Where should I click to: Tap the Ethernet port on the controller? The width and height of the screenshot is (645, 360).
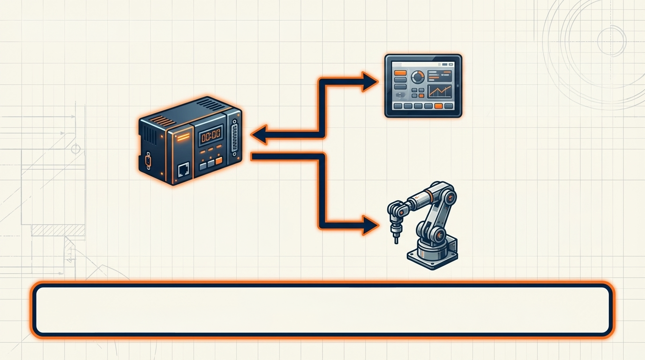183,169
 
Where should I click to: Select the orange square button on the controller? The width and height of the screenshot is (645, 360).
218,162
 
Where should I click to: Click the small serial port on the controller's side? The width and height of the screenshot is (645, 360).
149,161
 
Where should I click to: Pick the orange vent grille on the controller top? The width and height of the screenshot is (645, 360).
164,121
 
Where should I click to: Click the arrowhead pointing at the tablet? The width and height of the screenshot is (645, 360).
370,82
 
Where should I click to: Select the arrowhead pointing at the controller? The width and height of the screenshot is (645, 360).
259,135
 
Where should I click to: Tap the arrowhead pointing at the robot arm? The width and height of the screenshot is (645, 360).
370,225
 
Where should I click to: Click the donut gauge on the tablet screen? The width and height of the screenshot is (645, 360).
417,76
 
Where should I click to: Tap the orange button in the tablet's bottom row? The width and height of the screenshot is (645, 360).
438,106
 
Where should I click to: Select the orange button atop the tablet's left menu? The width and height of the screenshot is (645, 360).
400,73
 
